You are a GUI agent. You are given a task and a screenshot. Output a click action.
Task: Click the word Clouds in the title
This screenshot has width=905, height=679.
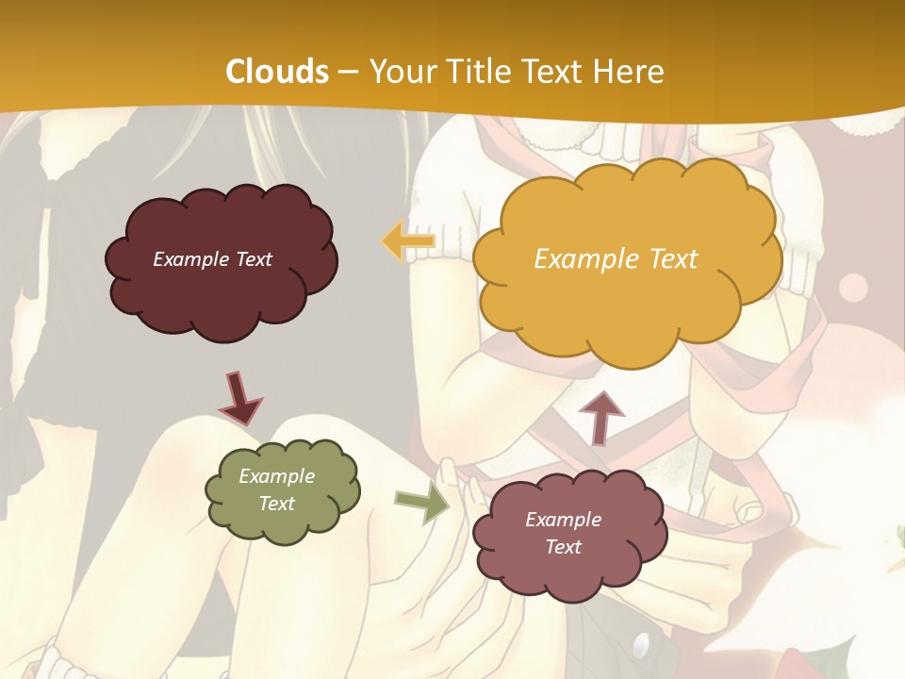(277, 72)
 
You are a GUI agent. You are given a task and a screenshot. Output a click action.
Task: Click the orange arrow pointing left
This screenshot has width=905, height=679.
(408, 241)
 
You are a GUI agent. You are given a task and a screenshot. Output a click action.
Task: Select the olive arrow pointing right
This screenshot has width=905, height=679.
(422, 505)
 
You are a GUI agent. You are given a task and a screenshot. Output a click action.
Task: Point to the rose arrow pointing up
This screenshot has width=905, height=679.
(601, 416)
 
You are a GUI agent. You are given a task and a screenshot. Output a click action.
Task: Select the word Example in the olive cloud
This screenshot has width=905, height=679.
(277, 476)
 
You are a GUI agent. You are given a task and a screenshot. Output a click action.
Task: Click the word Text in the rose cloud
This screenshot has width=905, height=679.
(564, 547)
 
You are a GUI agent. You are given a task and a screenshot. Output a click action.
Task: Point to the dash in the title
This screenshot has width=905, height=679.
(347, 72)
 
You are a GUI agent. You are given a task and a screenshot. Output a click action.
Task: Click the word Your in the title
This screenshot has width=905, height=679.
(400, 72)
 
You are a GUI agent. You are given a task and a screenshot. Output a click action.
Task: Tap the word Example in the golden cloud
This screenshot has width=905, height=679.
(584, 259)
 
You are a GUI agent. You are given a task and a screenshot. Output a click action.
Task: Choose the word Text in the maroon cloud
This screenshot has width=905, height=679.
(253, 259)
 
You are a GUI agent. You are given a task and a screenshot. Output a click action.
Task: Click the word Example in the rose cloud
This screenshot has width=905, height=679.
(563, 520)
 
